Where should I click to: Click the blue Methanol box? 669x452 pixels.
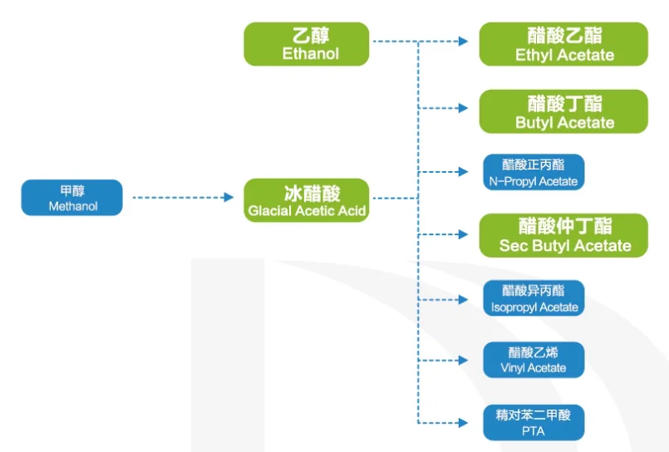(x=72, y=198)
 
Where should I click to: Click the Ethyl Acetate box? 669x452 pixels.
(x=563, y=44)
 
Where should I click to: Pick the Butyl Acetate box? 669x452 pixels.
(x=563, y=111)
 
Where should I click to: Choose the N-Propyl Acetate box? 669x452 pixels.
(x=534, y=173)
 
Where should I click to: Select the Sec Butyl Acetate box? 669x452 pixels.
(x=563, y=235)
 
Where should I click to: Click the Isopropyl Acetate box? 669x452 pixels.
(x=534, y=298)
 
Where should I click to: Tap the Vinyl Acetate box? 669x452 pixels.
(x=534, y=360)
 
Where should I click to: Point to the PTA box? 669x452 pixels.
(x=534, y=422)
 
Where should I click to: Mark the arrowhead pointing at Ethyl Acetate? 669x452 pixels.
(x=463, y=41)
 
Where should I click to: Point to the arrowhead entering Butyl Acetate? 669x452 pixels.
(x=463, y=108)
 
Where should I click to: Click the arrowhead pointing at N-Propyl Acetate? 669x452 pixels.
(x=463, y=172)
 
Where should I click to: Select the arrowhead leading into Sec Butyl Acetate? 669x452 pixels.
(x=463, y=234)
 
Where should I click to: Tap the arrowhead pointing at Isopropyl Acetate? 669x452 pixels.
(x=463, y=298)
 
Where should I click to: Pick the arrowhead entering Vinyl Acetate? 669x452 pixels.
(x=463, y=360)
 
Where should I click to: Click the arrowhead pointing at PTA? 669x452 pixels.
(x=463, y=422)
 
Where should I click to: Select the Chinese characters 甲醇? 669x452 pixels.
(x=72, y=191)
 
